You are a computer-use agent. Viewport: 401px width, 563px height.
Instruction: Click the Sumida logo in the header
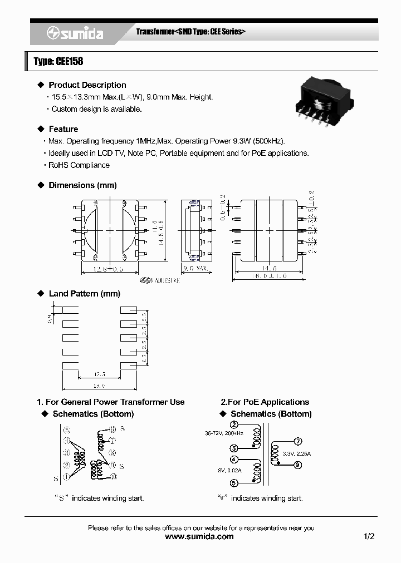(x=75, y=33)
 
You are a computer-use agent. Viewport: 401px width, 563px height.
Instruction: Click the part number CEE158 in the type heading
(x=69, y=61)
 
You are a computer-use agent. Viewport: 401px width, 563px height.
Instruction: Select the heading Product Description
(x=87, y=85)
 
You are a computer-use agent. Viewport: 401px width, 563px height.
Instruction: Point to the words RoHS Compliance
(x=79, y=165)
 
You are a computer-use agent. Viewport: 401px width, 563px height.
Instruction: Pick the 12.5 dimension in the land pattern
(x=100, y=374)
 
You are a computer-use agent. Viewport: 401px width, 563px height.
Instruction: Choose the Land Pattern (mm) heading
(x=85, y=294)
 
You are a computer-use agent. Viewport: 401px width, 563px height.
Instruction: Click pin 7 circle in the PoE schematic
(x=298, y=441)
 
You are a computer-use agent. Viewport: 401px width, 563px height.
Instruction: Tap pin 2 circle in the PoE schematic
(x=234, y=425)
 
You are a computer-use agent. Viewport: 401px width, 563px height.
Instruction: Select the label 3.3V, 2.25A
(x=296, y=454)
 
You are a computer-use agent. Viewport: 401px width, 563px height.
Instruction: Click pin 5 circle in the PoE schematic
(x=234, y=483)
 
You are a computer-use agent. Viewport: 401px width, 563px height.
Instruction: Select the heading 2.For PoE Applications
(x=265, y=402)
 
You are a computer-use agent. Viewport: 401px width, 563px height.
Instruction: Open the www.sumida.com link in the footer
(x=200, y=536)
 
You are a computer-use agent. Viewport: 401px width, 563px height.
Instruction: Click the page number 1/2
(x=369, y=536)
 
